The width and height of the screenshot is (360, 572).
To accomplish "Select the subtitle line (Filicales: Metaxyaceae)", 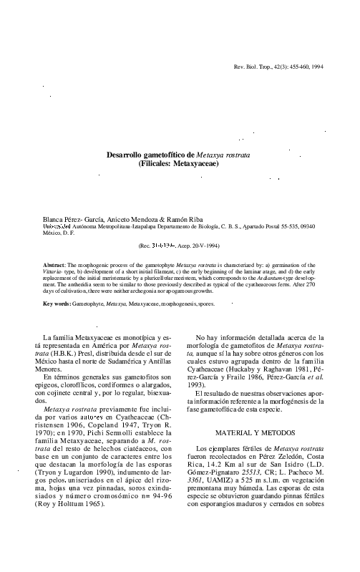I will [x=179, y=164].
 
